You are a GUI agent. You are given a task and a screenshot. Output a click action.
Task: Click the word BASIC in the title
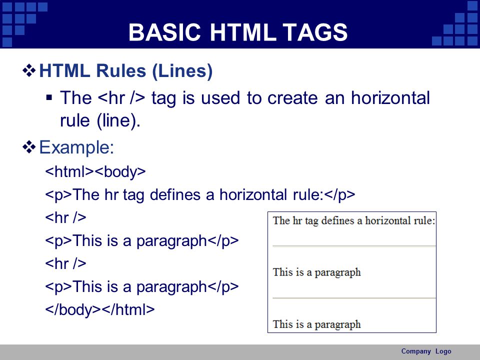(x=164, y=32)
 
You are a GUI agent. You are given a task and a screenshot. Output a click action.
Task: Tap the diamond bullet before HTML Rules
(x=29, y=70)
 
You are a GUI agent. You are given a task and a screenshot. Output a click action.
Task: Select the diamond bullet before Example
(x=29, y=147)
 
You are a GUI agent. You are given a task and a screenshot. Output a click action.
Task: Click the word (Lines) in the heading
(x=182, y=71)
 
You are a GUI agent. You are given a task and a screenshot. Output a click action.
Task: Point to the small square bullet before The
(x=49, y=98)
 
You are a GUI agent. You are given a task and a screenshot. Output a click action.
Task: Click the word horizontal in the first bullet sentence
(x=390, y=98)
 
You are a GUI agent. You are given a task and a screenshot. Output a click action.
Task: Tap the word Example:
(x=76, y=147)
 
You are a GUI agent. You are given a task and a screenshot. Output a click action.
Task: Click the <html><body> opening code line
(x=95, y=171)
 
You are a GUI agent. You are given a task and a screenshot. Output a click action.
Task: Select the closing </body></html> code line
(x=100, y=309)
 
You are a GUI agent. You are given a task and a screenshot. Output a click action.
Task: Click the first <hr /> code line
(x=65, y=217)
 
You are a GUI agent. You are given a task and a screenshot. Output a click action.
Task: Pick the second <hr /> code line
(x=65, y=263)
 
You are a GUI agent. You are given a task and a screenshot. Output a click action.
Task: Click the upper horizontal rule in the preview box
(x=354, y=246)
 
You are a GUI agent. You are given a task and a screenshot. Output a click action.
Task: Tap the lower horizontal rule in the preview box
(x=354, y=298)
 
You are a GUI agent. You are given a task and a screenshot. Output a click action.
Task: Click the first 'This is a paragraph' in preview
(x=317, y=272)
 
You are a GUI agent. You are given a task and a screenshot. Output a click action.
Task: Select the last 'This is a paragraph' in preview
(x=317, y=324)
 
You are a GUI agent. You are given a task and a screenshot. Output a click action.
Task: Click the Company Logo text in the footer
(x=426, y=351)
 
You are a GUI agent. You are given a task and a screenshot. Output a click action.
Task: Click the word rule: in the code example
(x=308, y=194)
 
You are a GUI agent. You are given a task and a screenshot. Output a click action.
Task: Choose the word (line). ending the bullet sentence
(x=118, y=120)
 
